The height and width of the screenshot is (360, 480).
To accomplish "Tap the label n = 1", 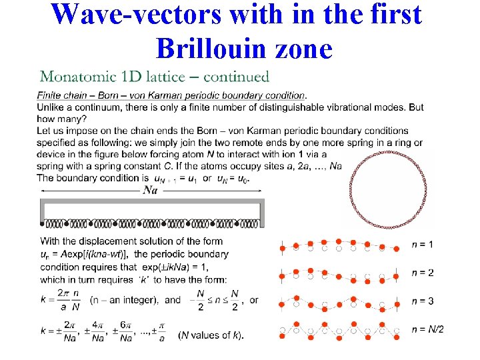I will pos(422,245).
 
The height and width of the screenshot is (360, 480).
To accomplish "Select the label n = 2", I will pos(422,273).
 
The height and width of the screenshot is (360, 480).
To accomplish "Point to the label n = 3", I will pos(422,301).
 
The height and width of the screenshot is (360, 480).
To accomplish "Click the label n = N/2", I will pos(427,329).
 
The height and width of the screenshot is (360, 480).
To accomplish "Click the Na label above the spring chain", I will pos(151,190).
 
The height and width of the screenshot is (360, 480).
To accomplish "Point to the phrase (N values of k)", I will pos(211,335).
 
